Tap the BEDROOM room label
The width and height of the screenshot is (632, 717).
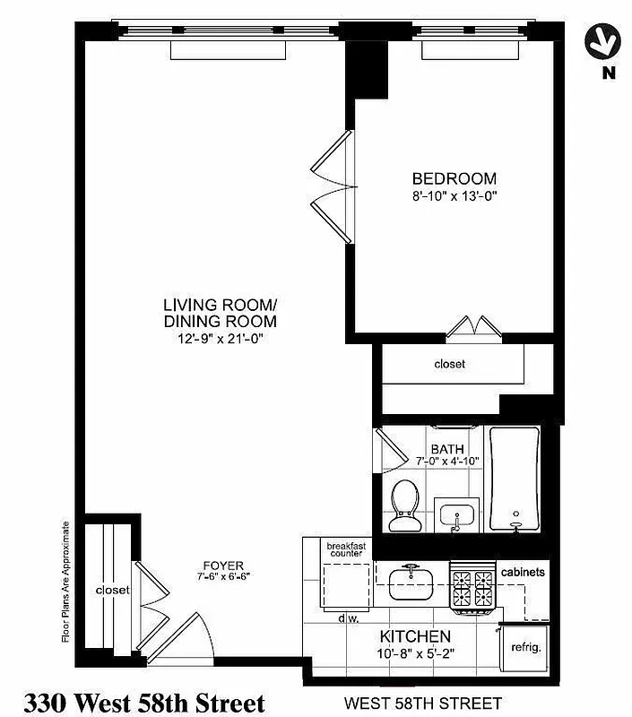click(x=454, y=178)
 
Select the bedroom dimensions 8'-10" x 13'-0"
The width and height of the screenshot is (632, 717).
click(x=454, y=195)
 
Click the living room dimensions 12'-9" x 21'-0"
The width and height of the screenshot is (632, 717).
click(x=220, y=338)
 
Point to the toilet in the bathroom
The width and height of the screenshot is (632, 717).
click(x=404, y=505)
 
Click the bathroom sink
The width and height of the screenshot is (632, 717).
click(x=456, y=516)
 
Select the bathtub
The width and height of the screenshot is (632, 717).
click(x=515, y=479)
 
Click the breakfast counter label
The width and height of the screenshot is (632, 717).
click(x=345, y=549)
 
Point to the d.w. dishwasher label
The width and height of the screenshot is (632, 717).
click(x=350, y=618)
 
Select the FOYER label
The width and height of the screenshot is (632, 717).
click(x=223, y=565)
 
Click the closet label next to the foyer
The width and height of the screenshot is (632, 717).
click(x=113, y=590)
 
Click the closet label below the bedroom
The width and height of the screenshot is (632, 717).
click(x=450, y=364)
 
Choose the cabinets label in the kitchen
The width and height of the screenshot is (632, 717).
click(x=524, y=572)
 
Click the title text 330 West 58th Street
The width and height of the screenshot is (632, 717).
click(x=144, y=701)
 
